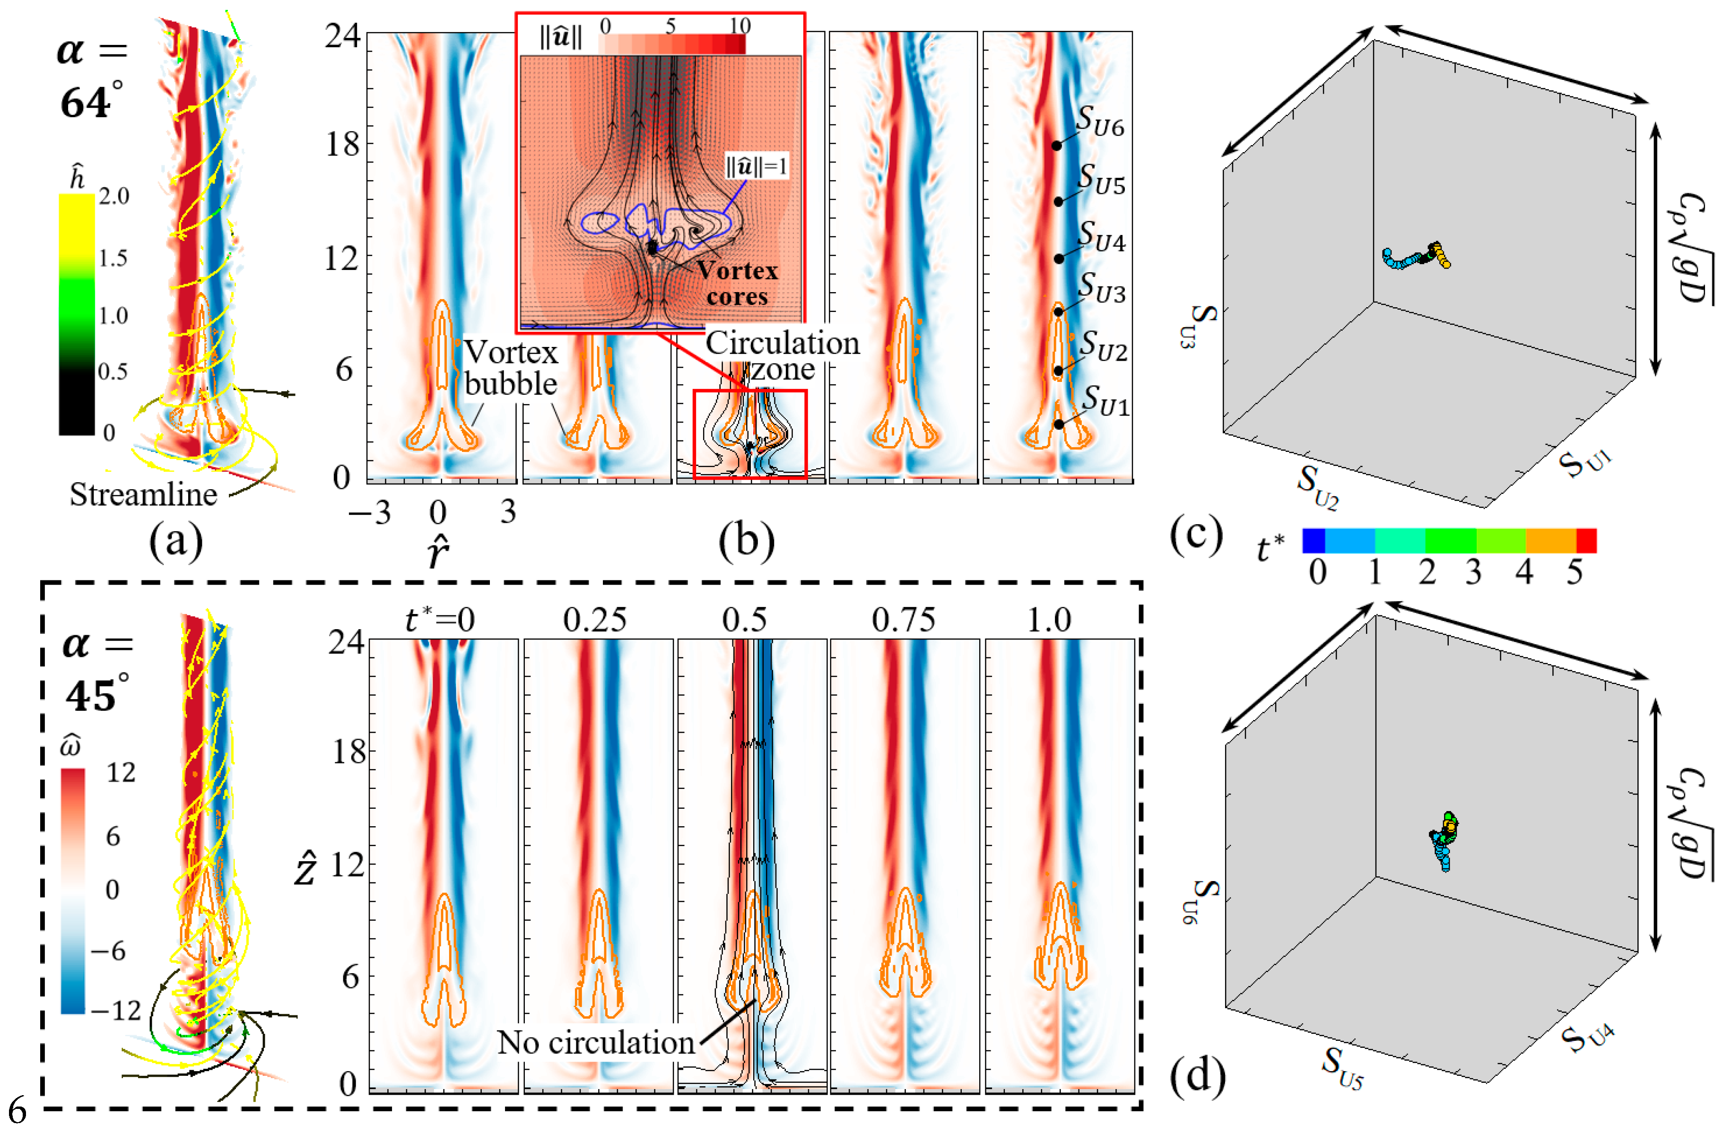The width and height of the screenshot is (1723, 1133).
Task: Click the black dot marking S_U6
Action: (x=1056, y=146)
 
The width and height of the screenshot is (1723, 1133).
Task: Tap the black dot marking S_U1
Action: (x=1058, y=424)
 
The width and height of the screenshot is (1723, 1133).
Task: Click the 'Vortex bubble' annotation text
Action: (x=510, y=368)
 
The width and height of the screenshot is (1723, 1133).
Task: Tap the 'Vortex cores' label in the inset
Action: (x=737, y=283)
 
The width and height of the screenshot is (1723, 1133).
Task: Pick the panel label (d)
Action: (x=1197, y=1074)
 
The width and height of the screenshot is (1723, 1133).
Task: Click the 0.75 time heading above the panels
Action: (x=903, y=620)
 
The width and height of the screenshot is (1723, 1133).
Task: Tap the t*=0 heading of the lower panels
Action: (x=439, y=620)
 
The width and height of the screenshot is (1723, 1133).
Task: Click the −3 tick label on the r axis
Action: (x=369, y=513)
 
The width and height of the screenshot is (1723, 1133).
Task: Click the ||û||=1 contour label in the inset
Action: (x=757, y=166)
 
